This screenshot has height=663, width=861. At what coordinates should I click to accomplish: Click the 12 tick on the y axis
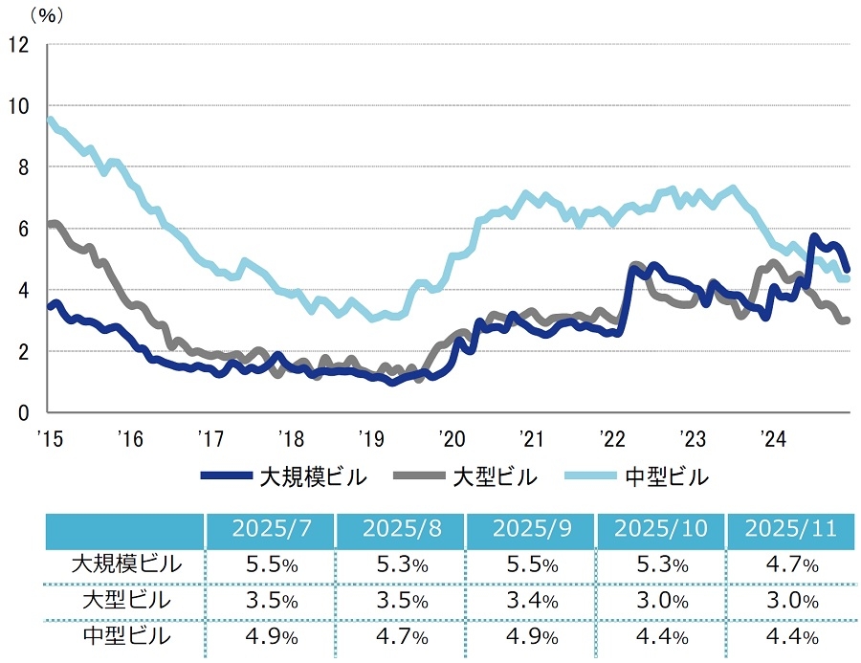pyautogui.click(x=19, y=44)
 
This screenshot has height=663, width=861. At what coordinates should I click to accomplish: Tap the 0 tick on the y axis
pyautogui.click(x=24, y=412)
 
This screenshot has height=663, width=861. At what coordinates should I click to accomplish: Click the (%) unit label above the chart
pyautogui.click(x=43, y=15)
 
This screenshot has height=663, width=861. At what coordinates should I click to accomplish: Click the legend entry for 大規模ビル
pyautogui.click(x=284, y=475)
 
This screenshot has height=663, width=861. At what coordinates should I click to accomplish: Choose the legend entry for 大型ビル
pyautogui.click(x=469, y=475)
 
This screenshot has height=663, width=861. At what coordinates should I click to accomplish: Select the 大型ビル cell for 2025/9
pyautogui.click(x=530, y=601)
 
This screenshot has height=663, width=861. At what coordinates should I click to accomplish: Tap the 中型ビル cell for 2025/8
pyautogui.click(x=400, y=636)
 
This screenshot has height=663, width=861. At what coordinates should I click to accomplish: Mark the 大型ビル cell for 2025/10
pyautogui.click(x=660, y=601)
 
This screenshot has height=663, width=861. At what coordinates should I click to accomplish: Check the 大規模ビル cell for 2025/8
pyautogui.click(x=400, y=564)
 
